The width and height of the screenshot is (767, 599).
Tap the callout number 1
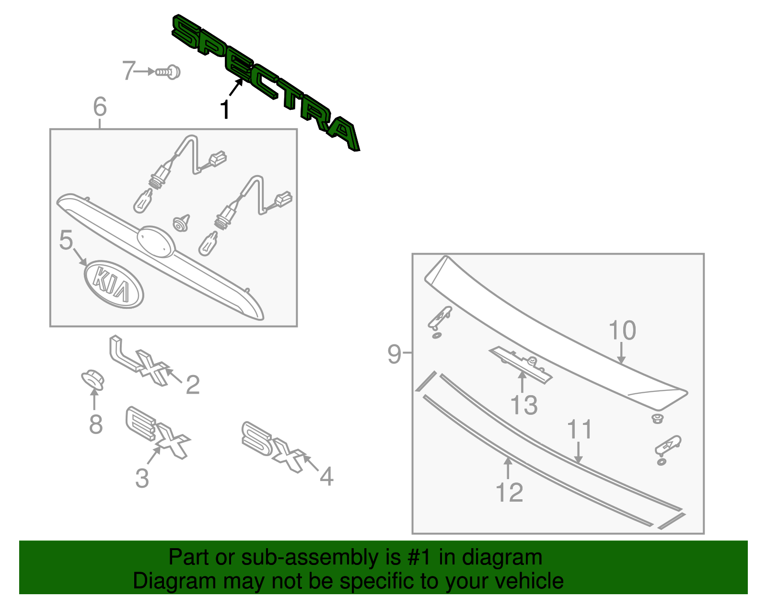tap(224, 110)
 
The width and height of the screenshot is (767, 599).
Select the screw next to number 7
tap(168, 72)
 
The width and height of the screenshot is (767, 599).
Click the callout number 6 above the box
tap(100, 106)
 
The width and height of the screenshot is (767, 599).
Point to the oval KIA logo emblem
tap(114, 284)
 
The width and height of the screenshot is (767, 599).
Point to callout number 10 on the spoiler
tap(622, 331)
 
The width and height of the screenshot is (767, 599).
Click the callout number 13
tap(523, 405)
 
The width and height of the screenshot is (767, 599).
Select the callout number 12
tap(509, 493)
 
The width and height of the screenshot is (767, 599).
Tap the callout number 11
tap(580, 430)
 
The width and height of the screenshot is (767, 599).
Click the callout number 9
tap(394, 354)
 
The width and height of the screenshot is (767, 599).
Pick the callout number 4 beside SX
tap(326, 477)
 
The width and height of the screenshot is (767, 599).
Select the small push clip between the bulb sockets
tap(182, 223)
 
